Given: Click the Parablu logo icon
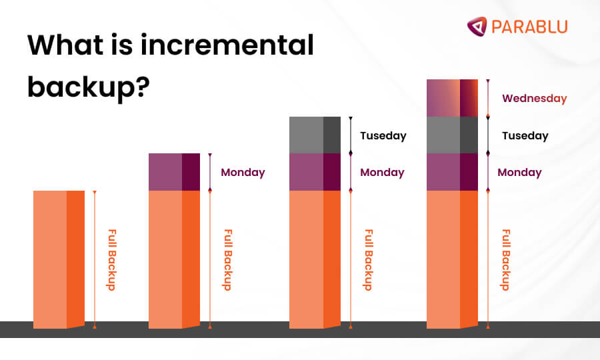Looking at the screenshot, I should pyautogui.click(x=477, y=26).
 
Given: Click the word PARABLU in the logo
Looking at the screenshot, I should pyautogui.click(x=529, y=27).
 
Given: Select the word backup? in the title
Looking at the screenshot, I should pyautogui.click(x=87, y=86).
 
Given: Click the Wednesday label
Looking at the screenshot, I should pyautogui.click(x=534, y=99).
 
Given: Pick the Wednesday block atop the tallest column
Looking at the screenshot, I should pyautogui.click(x=452, y=98).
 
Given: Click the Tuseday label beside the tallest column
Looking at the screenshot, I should pyautogui.click(x=525, y=135).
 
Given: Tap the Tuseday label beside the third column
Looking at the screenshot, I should pyautogui.click(x=383, y=135).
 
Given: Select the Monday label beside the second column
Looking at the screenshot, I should pyautogui.click(x=243, y=172).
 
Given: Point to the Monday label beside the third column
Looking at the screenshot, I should pyautogui.click(x=382, y=172).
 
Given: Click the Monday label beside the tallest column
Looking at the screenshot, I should pyautogui.click(x=519, y=172).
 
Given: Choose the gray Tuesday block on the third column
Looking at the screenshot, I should pyautogui.click(x=315, y=135).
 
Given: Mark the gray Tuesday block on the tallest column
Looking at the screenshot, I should pyautogui.click(x=452, y=135).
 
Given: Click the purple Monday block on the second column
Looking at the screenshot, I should pyautogui.click(x=174, y=172).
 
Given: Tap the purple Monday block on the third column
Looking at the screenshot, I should pyautogui.click(x=315, y=172).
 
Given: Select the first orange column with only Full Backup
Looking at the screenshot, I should pyautogui.click(x=59, y=259).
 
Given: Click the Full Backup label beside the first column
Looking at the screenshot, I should pyautogui.click(x=111, y=260).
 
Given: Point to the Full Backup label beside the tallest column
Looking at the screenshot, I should pyautogui.click(x=505, y=260).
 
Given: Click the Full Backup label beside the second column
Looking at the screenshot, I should pyautogui.click(x=227, y=260).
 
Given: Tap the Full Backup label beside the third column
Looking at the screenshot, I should pyautogui.click(x=367, y=260).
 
